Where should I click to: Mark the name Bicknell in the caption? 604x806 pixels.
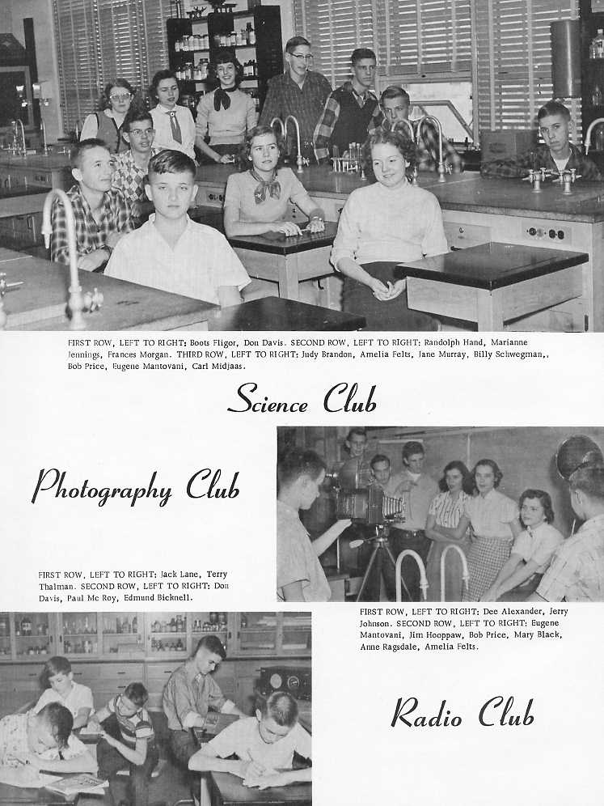pyautogui.click(x=171, y=597)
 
